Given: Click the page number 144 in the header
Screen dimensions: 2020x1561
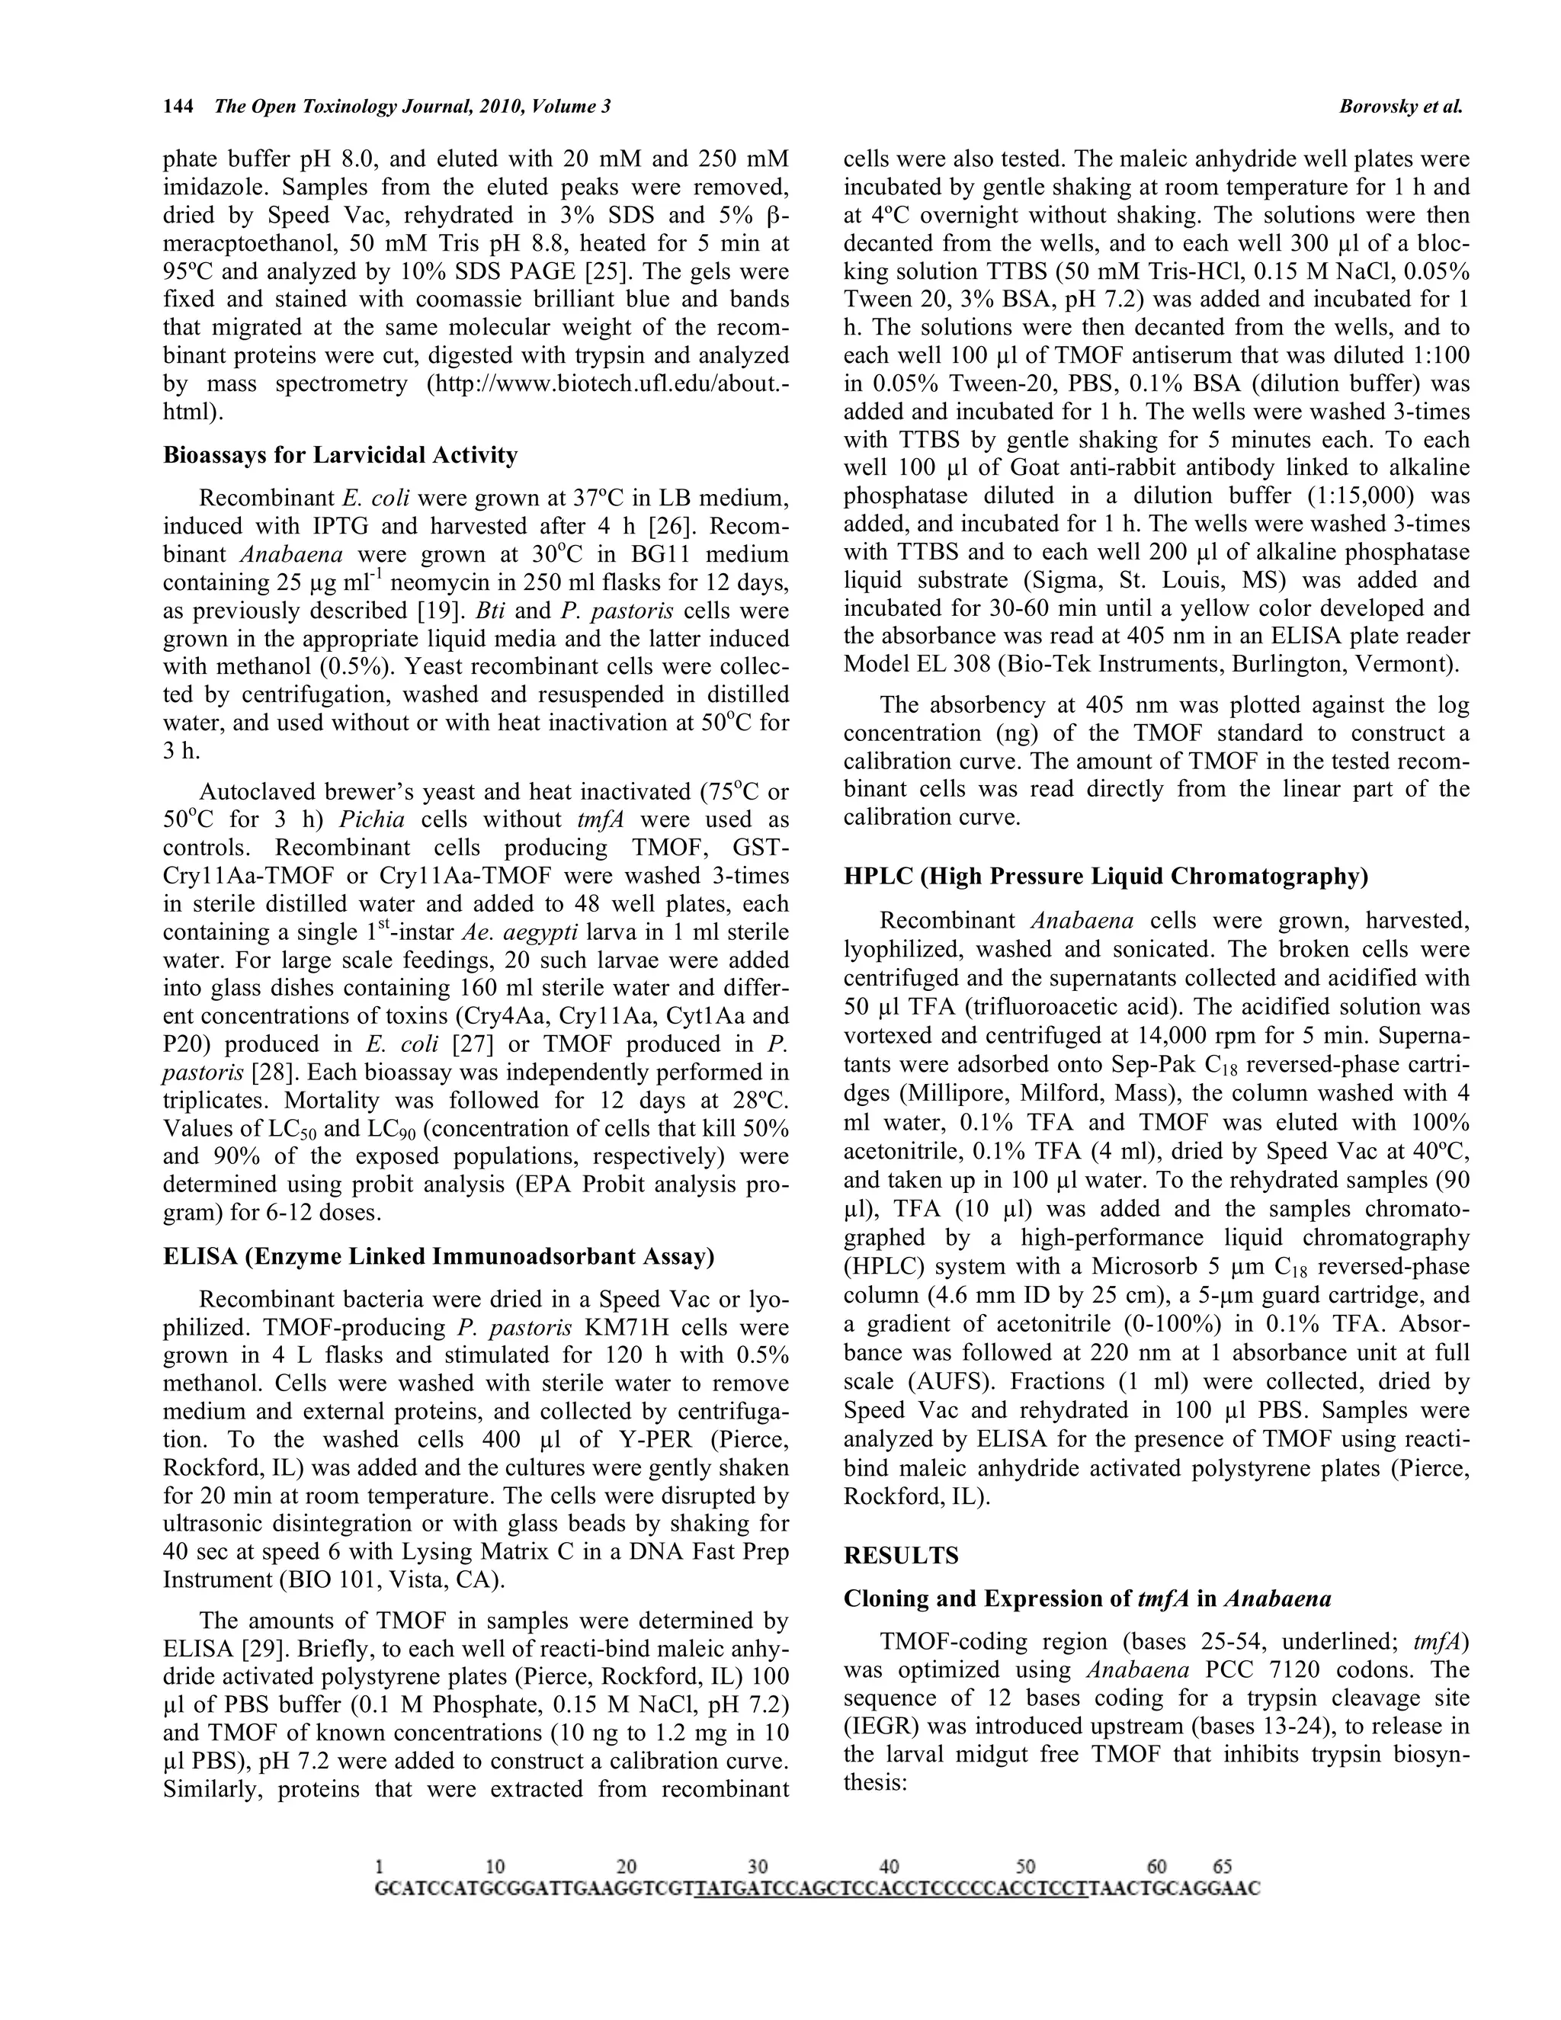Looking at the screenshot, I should [178, 107].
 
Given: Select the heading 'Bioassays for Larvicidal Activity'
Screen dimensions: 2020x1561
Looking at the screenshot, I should [340, 455].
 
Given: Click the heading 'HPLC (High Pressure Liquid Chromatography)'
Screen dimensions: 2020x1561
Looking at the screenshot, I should [1105, 876].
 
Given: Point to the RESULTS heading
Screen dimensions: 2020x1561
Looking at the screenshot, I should [901, 1556].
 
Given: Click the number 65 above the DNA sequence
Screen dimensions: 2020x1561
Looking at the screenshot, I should [1222, 1868].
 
